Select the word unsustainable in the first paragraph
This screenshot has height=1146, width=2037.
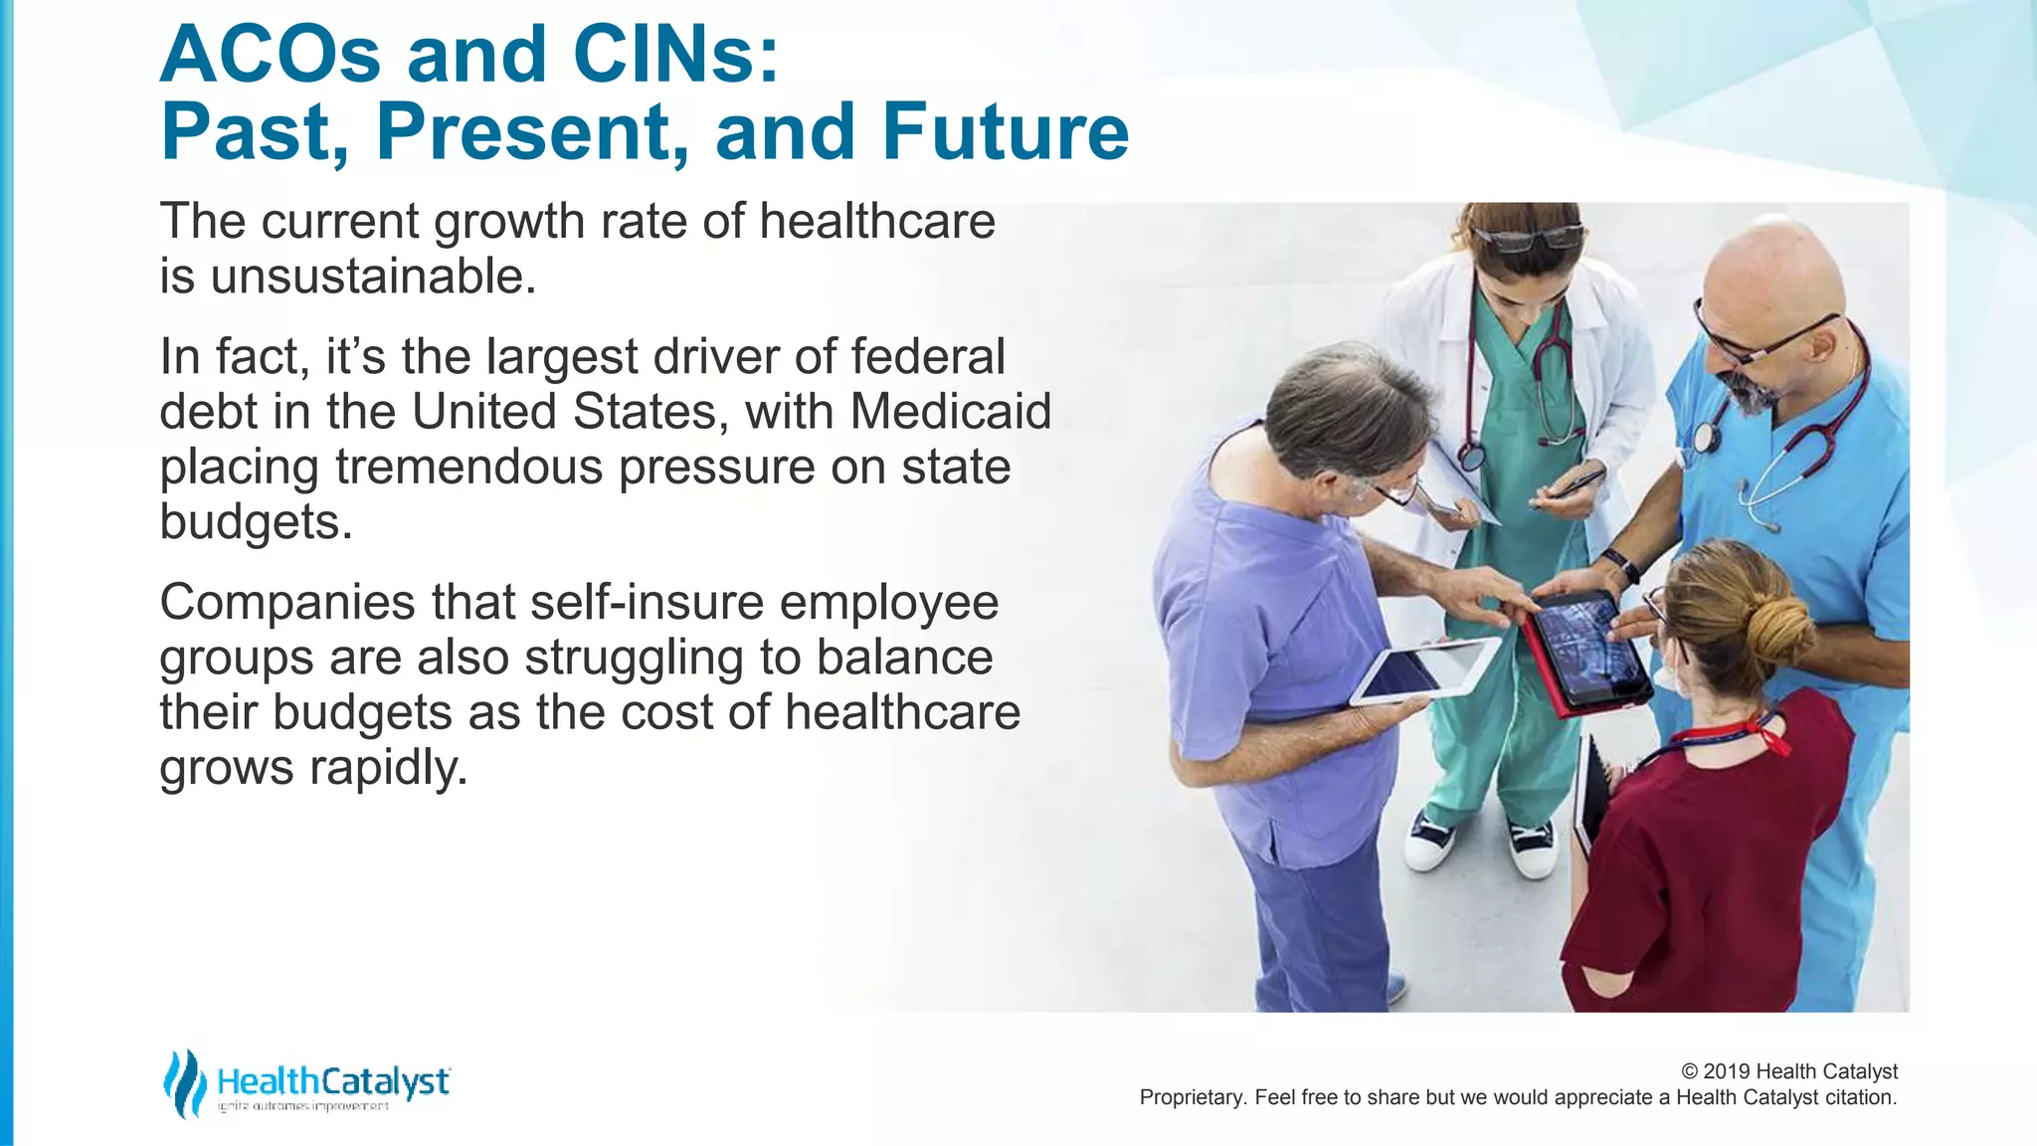372,277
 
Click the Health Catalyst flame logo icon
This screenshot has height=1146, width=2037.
185,1083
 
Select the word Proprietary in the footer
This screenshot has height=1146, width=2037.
1192,1097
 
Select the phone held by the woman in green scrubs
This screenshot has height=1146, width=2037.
1577,483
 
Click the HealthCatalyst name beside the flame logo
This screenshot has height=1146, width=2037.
332,1080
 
